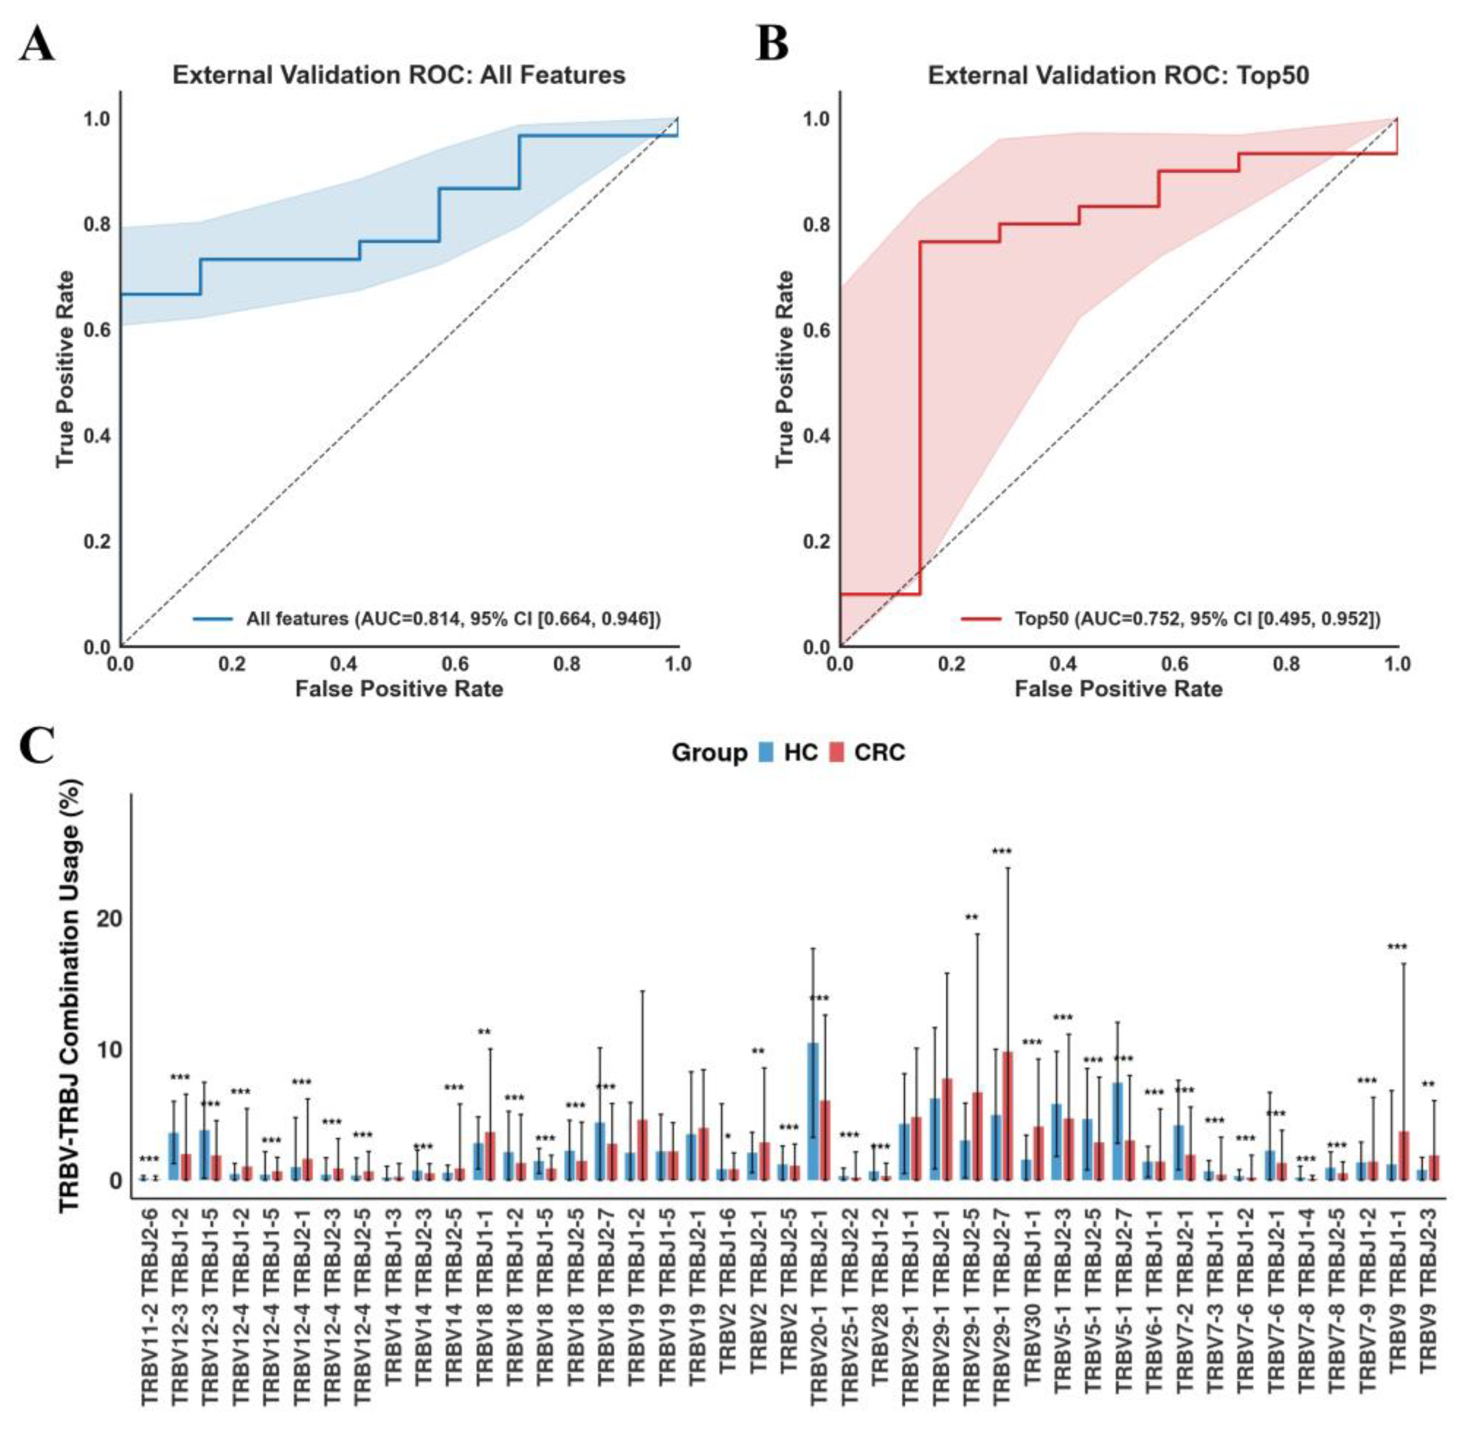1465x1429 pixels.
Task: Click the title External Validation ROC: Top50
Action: point(1118,76)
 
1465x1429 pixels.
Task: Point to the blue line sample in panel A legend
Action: point(212,619)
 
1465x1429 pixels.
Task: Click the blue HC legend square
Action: point(766,752)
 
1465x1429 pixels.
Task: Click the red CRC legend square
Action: point(837,752)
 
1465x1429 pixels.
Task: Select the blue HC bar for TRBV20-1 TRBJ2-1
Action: point(813,1111)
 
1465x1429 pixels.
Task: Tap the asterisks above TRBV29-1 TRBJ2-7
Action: point(1002,851)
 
